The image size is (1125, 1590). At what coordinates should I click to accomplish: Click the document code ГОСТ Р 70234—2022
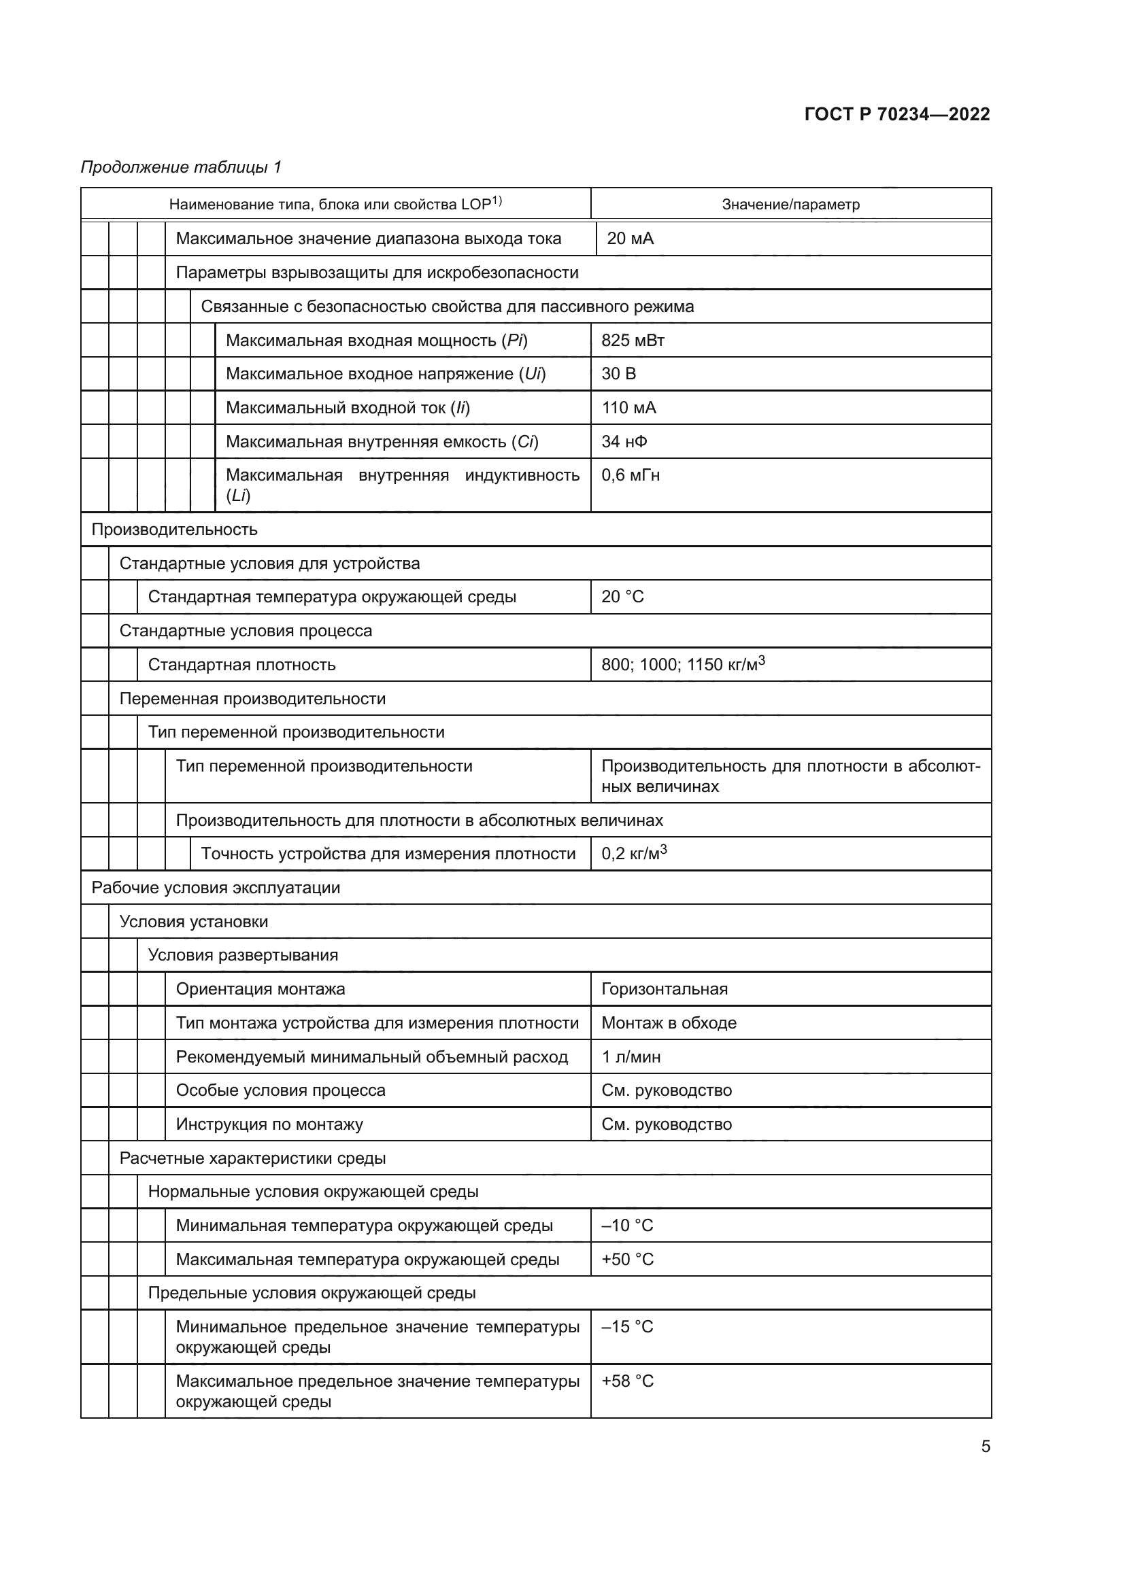click(x=896, y=114)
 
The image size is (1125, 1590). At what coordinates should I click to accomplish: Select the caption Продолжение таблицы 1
click(x=181, y=167)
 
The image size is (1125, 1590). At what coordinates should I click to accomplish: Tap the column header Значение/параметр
click(x=790, y=205)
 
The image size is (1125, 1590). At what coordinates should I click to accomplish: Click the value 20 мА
click(x=630, y=238)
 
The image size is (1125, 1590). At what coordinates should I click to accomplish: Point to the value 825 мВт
click(x=633, y=340)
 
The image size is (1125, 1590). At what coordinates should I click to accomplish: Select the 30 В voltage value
click(x=618, y=374)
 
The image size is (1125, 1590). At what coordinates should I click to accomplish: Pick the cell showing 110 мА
click(x=628, y=408)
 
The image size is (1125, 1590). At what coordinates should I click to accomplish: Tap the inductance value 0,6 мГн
click(x=630, y=475)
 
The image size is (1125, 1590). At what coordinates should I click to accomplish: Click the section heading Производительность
click(x=174, y=530)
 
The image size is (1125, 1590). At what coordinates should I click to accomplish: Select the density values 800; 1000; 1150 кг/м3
click(x=682, y=664)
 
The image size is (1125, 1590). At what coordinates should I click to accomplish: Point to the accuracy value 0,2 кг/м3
click(x=633, y=853)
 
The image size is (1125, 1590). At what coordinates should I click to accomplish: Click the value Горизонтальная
click(x=664, y=989)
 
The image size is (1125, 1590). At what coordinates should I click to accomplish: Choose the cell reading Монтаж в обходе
click(x=669, y=1023)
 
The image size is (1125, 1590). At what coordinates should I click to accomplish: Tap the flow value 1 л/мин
click(x=631, y=1057)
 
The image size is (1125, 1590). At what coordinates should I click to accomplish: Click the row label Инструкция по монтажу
click(x=269, y=1124)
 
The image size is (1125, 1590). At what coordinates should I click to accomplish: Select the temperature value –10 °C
click(x=627, y=1226)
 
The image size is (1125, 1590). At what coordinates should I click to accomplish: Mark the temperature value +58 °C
click(x=627, y=1381)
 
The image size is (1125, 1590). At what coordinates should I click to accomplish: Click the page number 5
click(x=985, y=1447)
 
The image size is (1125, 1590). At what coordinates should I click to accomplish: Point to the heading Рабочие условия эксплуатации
click(x=216, y=888)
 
